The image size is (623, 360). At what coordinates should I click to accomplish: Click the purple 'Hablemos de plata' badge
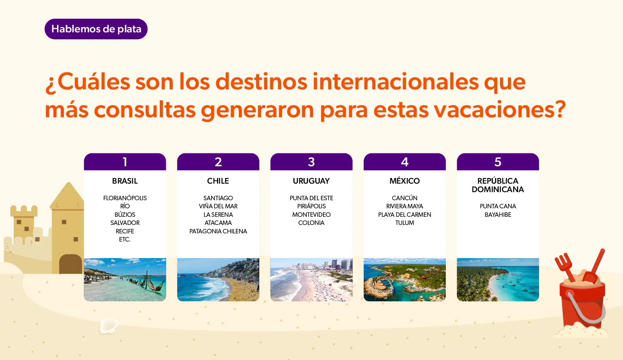pos(96,29)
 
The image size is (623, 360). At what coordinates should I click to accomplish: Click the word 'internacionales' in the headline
pos(395,82)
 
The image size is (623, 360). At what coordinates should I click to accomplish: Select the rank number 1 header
pos(125,162)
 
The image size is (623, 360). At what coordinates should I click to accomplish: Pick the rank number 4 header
pos(405,162)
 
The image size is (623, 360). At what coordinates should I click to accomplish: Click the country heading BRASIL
pos(125,181)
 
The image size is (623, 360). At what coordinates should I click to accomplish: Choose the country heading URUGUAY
pos(311,181)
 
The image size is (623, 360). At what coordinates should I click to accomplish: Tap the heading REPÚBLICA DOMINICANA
pos(498,185)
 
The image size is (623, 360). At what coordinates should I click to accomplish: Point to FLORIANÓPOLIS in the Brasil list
pos(125,198)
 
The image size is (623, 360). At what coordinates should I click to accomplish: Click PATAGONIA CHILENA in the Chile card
pos(218,231)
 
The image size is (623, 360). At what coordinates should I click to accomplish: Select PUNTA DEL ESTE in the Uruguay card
pos(311,198)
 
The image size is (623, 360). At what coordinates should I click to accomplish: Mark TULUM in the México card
pos(405,222)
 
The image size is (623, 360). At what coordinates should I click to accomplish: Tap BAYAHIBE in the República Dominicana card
pos(498,214)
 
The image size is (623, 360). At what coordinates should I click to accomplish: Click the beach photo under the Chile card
pos(218,280)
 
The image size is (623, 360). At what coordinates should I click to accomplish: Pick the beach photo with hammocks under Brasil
pos(125,280)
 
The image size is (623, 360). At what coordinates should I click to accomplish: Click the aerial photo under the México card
pos(405,280)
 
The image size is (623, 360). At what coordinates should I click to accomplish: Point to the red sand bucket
pos(582,299)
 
